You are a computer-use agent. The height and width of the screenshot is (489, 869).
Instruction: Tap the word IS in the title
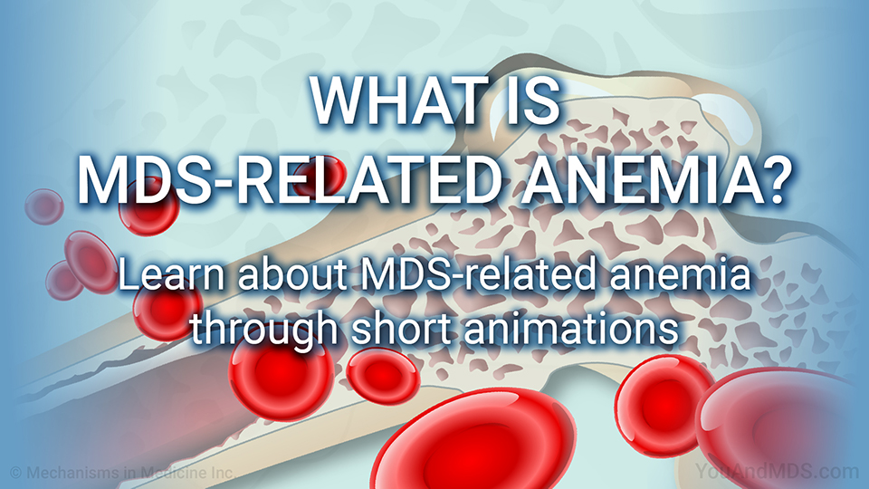coord(535,101)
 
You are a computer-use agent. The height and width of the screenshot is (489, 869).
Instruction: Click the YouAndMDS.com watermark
coord(776,471)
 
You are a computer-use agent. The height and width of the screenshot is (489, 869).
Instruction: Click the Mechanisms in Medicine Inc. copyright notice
coord(123,473)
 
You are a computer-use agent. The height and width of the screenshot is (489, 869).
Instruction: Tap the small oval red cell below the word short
coord(383,375)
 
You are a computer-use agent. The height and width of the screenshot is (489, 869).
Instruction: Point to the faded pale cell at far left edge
coord(44,206)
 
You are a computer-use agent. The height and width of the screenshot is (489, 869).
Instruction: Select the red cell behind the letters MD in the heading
coord(148,206)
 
